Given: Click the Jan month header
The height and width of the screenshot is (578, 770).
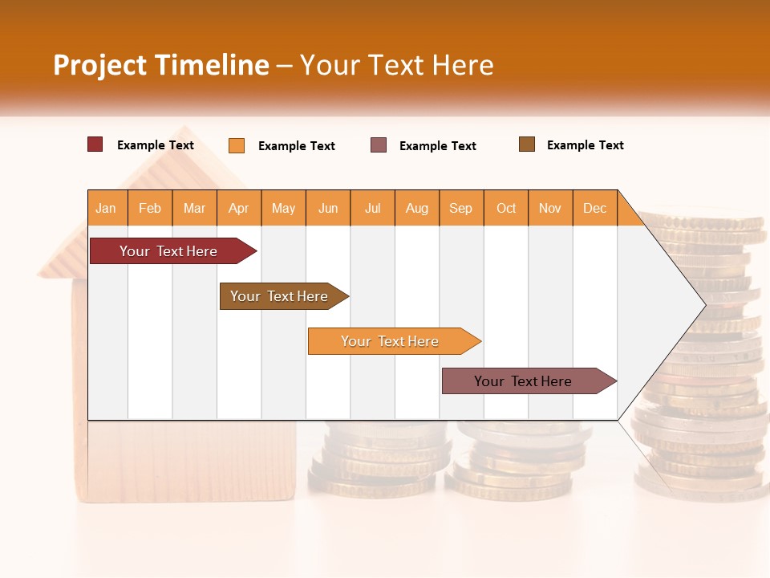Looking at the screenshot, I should click(x=107, y=208).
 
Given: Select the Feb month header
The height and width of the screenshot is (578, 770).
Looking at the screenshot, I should click(x=150, y=208).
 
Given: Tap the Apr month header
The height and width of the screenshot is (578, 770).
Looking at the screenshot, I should click(x=239, y=208).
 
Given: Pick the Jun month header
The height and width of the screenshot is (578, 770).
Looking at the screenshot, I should click(x=328, y=208).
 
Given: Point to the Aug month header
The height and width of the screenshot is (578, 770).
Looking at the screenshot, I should click(x=417, y=208).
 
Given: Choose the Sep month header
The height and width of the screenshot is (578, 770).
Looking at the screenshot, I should click(x=461, y=208).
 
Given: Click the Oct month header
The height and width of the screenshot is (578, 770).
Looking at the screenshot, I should click(x=506, y=208).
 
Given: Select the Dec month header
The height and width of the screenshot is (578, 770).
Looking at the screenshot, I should click(x=595, y=208).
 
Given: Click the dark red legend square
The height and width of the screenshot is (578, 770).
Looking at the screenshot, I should click(x=95, y=144).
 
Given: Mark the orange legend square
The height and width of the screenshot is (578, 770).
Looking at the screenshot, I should click(x=237, y=145).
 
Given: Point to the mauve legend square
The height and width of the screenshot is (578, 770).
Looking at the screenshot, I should click(x=379, y=145).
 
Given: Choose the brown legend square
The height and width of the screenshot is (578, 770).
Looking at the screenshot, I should click(x=527, y=144).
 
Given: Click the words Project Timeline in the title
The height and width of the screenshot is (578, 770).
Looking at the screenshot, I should click(x=160, y=65).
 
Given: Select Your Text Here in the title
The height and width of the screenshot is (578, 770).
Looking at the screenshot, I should click(x=397, y=65).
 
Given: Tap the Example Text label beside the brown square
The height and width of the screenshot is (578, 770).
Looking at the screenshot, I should click(x=585, y=145).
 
